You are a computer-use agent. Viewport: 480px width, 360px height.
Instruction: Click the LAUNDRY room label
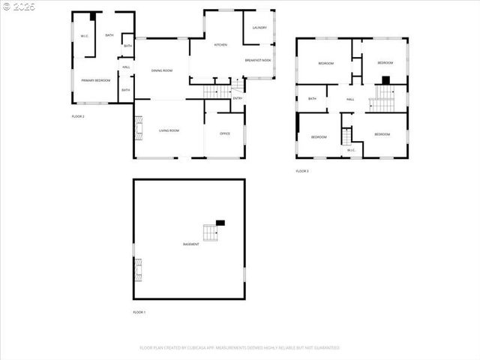coord(260,28)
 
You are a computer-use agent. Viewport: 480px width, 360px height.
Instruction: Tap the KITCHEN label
coord(220,45)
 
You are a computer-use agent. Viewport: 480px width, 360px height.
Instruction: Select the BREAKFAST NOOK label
coord(257,59)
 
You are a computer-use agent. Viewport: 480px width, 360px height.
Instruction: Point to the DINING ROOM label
coord(162,70)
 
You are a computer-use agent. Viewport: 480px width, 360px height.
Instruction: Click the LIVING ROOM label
coord(169,130)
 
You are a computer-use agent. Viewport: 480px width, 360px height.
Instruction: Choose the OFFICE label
coord(224,133)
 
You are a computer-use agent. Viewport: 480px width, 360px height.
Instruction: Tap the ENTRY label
coord(238,98)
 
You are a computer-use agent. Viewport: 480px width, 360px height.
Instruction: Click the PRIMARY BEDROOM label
coord(96,80)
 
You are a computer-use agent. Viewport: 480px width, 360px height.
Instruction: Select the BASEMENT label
coord(191,244)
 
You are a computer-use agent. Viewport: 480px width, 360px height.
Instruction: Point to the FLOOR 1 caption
coord(139,312)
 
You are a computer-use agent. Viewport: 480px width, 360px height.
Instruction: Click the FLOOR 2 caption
coord(78,117)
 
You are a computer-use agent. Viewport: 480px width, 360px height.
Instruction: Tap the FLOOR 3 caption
coord(302,171)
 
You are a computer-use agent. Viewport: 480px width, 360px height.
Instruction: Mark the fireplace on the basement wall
coord(137,268)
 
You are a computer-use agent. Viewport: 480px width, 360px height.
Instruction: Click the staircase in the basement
coord(209,232)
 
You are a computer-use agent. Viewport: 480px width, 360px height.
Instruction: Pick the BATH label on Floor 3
coord(312,99)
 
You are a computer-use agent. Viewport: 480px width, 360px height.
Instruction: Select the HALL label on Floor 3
coord(350,99)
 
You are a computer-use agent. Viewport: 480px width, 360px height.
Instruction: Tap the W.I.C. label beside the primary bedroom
coord(84,36)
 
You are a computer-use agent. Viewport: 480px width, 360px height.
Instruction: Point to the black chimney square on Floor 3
coord(386,80)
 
